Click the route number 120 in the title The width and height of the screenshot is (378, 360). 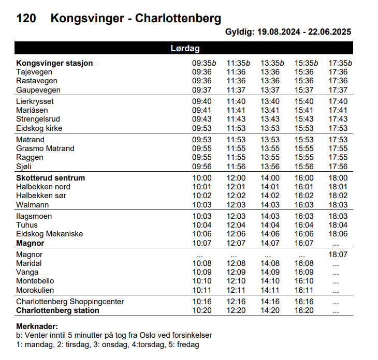26,18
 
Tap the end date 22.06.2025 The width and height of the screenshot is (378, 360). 330,32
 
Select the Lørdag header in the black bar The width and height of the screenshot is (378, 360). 185,48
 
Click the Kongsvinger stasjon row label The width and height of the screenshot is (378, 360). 54,63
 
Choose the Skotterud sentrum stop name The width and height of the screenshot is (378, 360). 50,178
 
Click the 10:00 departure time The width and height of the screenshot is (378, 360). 202,178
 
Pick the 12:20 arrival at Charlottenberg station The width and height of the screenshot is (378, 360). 236,310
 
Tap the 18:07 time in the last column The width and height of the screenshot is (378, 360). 338,254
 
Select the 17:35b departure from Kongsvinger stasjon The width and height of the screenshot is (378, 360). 340,63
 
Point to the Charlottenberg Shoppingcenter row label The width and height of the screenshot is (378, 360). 70,302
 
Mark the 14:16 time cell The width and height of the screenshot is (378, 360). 270,302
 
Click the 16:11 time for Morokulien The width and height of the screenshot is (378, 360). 304,290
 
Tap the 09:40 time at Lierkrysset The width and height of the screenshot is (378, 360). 202,101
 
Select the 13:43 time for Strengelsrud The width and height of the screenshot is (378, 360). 270,119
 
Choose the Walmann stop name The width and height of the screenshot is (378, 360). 33,205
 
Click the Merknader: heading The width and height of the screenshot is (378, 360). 37,326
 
